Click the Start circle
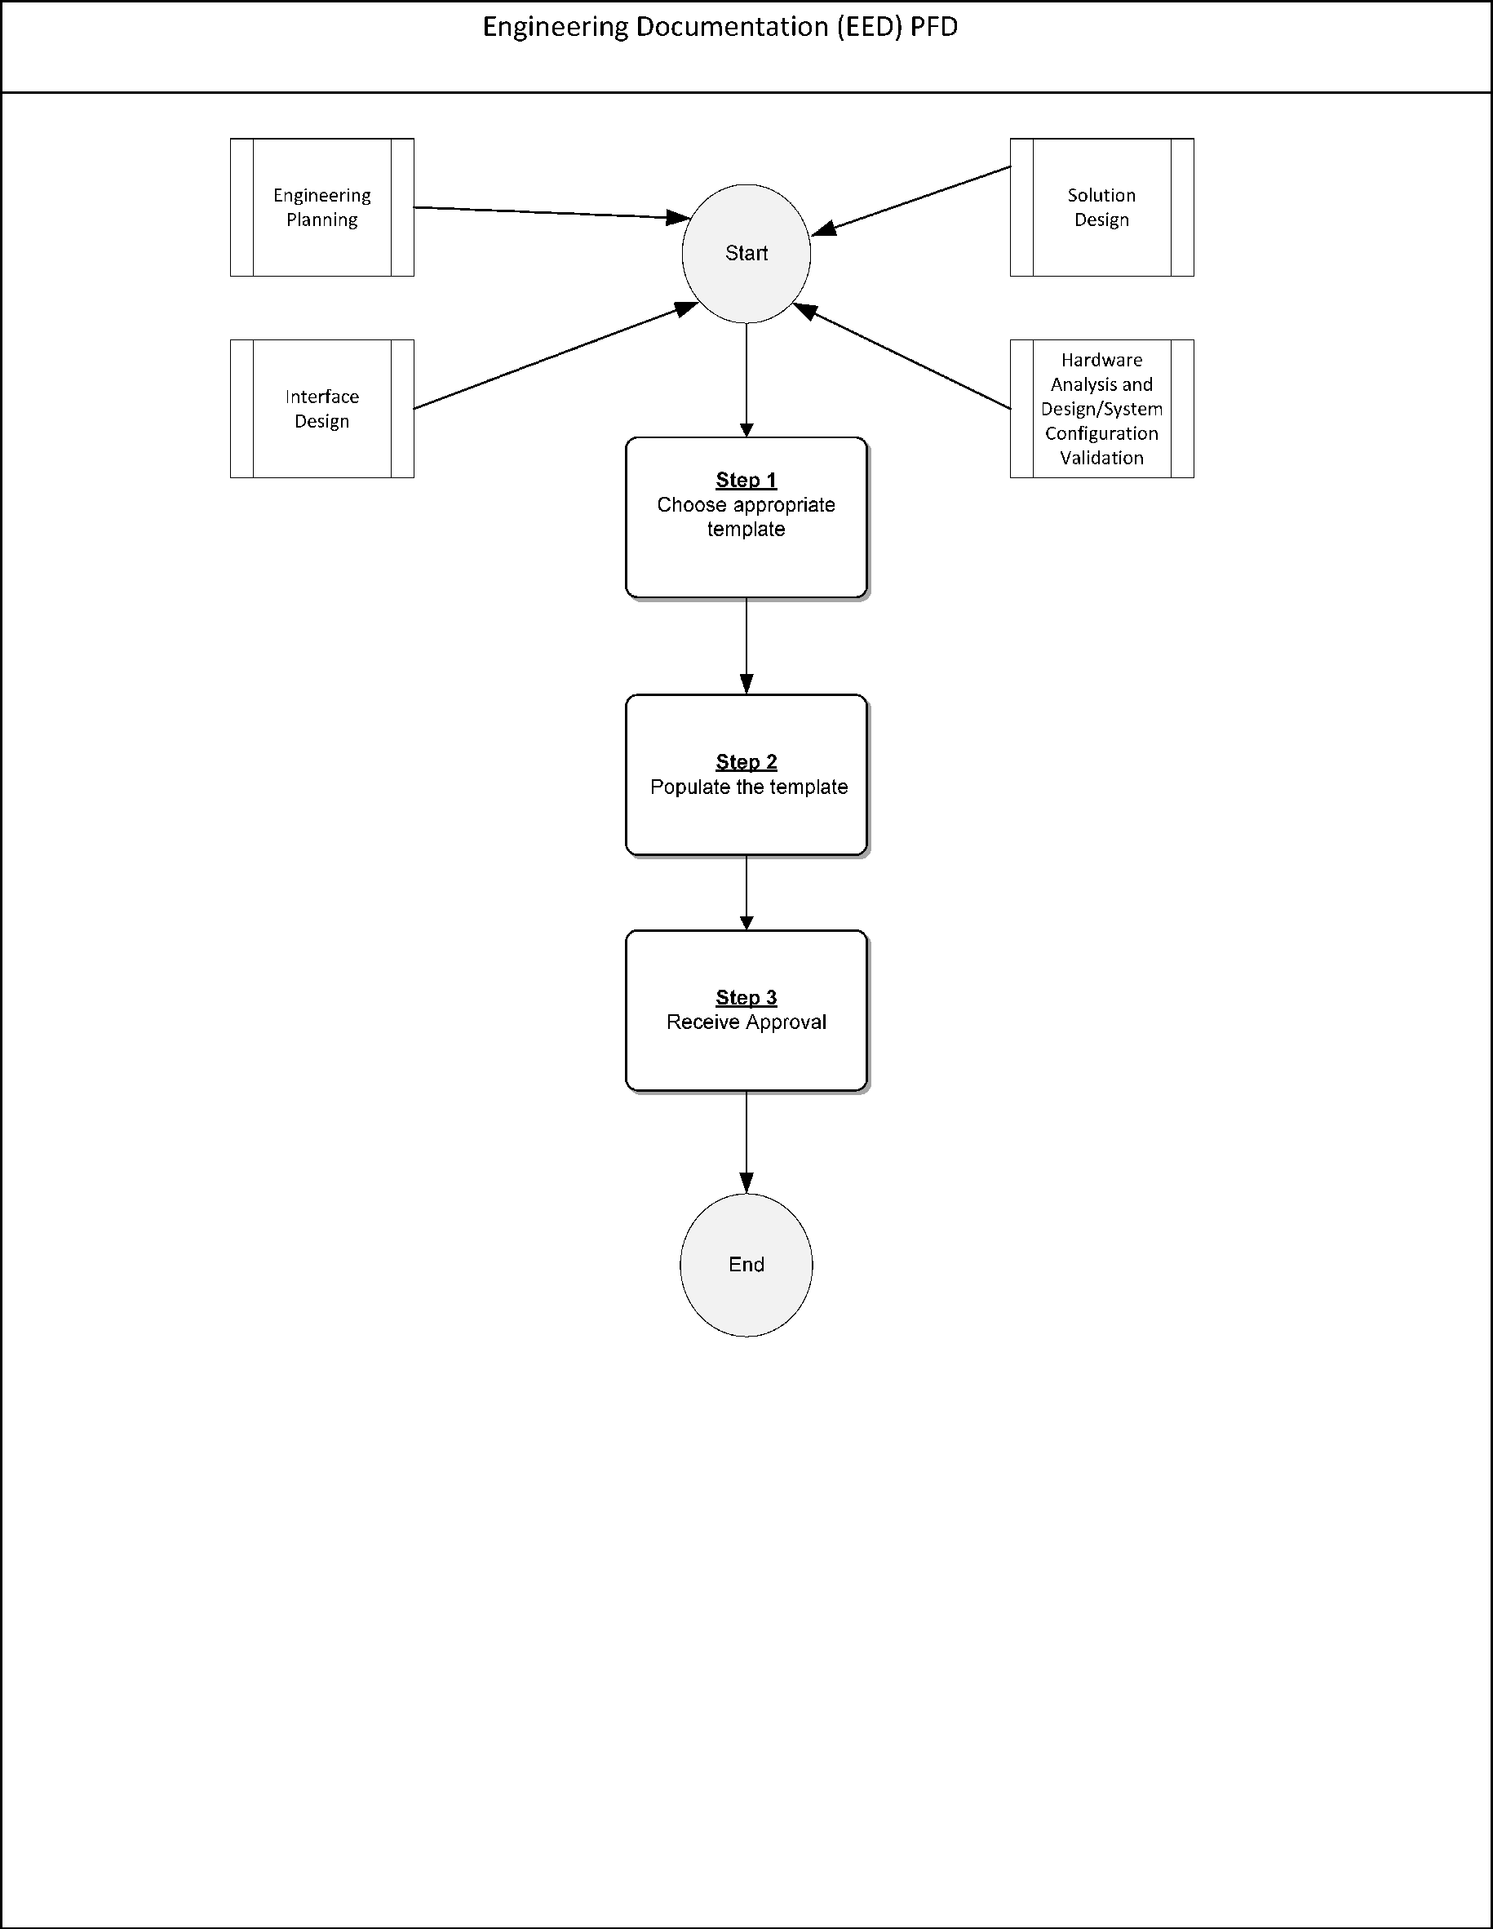(x=746, y=254)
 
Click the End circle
(x=746, y=1265)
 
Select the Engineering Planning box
(x=321, y=207)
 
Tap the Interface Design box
(x=321, y=409)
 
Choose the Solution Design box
(x=1101, y=207)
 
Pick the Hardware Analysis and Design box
(x=1101, y=409)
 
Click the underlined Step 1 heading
(x=746, y=481)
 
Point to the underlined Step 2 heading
(x=746, y=762)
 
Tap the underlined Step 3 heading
(x=746, y=998)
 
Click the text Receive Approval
(x=746, y=1022)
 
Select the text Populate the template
(x=749, y=787)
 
